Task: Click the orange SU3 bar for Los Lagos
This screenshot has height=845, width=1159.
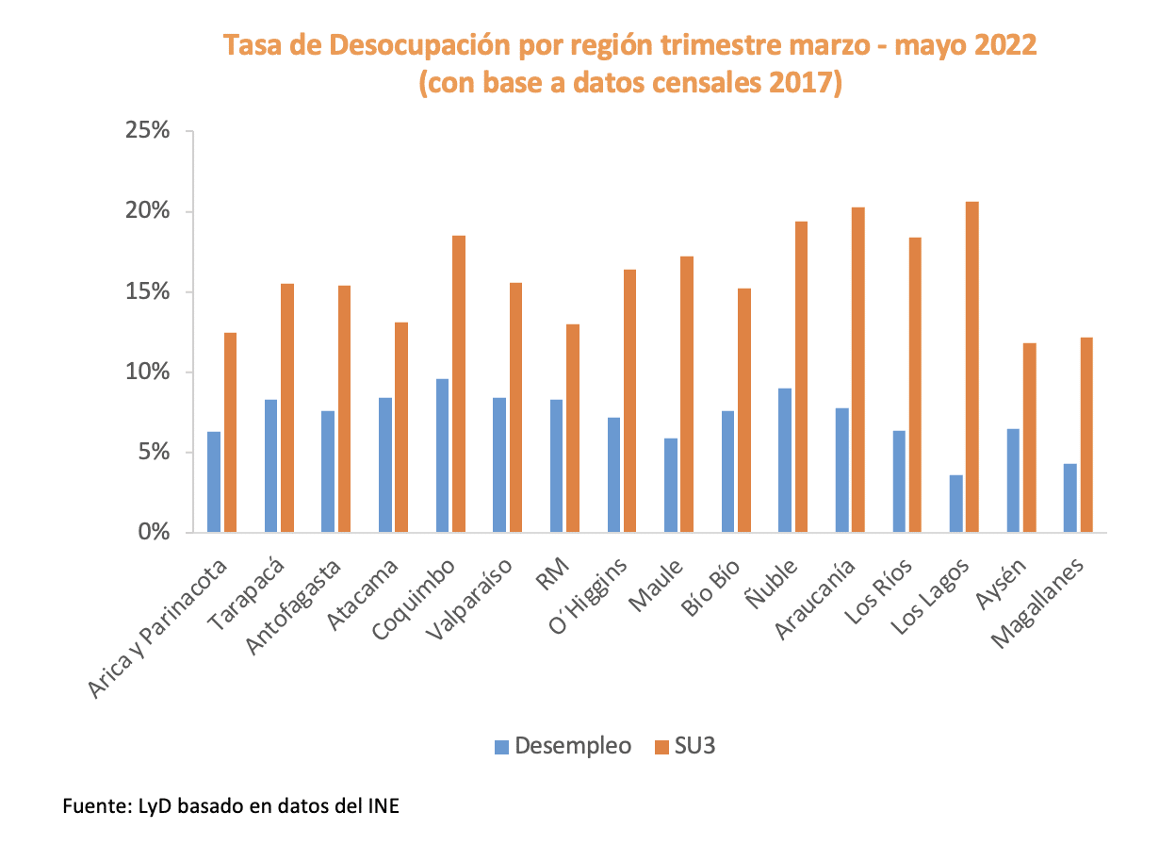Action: (x=971, y=368)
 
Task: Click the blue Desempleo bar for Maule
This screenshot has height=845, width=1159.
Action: (x=670, y=486)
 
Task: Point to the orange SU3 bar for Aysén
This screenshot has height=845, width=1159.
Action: (x=1029, y=439)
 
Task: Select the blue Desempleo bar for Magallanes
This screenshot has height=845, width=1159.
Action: (x=1069, y=499)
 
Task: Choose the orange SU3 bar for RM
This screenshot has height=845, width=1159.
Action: (x=572, y=429)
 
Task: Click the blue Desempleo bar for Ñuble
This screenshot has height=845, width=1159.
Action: (x=784, y=461)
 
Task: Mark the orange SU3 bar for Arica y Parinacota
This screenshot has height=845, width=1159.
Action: (x=230, y=433)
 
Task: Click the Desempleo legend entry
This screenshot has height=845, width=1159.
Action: (x=563, y=746)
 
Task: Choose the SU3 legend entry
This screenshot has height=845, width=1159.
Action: (x=687, y=746)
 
